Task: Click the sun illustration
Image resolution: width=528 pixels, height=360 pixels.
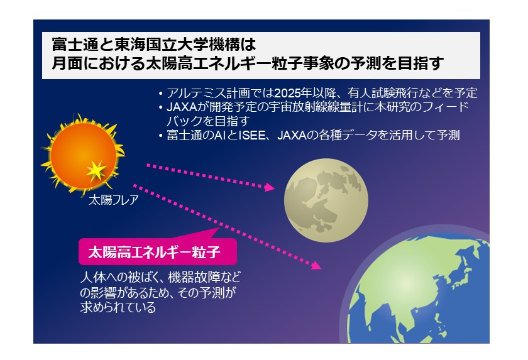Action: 83,155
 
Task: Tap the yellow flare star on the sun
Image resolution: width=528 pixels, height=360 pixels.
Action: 96,171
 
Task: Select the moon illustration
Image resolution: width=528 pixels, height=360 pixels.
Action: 326,200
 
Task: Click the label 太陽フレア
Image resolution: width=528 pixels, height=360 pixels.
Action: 114,200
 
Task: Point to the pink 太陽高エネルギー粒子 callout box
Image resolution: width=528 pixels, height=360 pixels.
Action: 158,251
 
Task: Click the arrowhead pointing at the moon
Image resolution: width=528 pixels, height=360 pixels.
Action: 270,187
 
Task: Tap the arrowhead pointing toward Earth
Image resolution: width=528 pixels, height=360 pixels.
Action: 316,266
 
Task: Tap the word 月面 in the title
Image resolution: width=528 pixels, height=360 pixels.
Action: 67,63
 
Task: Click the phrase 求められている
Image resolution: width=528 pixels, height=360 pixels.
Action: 118,307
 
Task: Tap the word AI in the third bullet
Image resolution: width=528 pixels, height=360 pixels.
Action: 220,135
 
